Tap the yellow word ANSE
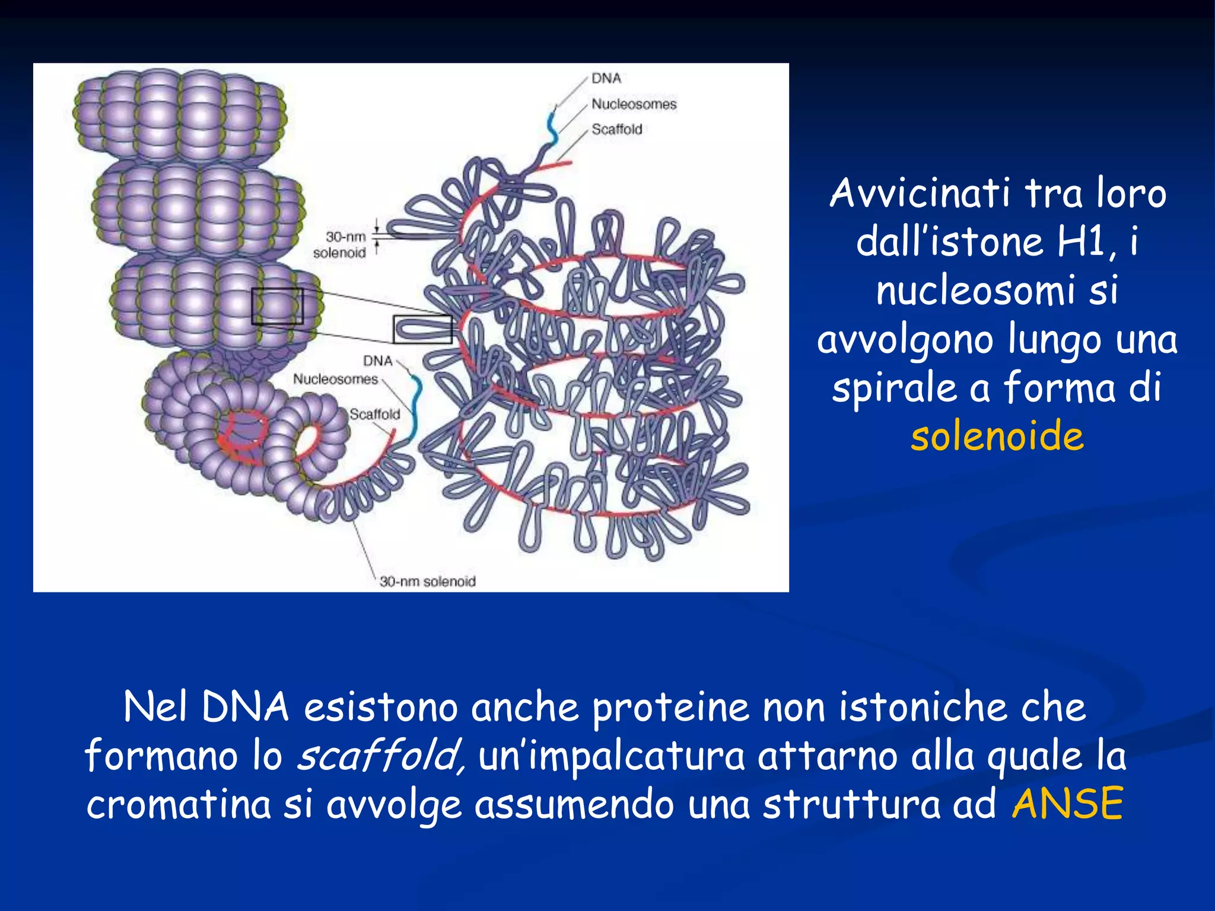(1067, 804)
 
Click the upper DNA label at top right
(606, 78)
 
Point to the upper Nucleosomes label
(634, 104)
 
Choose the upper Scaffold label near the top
(616, 129)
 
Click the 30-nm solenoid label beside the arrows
(341, 245)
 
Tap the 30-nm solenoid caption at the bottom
(428, 581)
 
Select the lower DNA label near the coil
(378, 361)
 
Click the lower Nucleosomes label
(335, 379)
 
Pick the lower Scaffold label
(374, 414)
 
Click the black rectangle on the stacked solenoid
(277, 306)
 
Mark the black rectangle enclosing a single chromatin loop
(422, 329)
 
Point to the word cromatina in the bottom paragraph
(179, 805)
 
